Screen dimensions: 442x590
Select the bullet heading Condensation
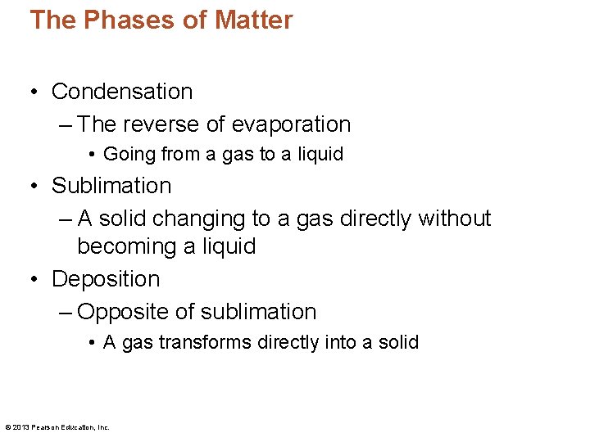[122, 92]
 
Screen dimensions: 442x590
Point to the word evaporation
[291, 124]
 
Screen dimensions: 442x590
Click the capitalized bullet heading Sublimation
[111, 186]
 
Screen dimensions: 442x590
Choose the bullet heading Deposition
[106, 279]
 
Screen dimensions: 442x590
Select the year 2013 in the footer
[21, 426]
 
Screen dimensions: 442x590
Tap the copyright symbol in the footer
[7, 426]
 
